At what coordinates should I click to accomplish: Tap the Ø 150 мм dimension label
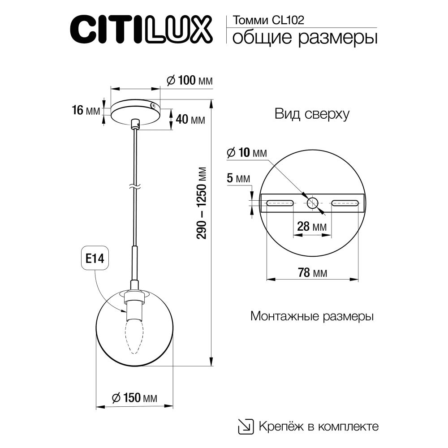pos(134,397)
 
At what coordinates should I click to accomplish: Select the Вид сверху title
pos(312,114)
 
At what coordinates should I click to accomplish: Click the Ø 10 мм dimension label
pos(246,153)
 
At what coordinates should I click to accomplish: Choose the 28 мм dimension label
pos(312,226)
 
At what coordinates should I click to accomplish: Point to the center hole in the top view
pos(312,203)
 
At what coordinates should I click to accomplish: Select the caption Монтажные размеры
pos(312,317)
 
